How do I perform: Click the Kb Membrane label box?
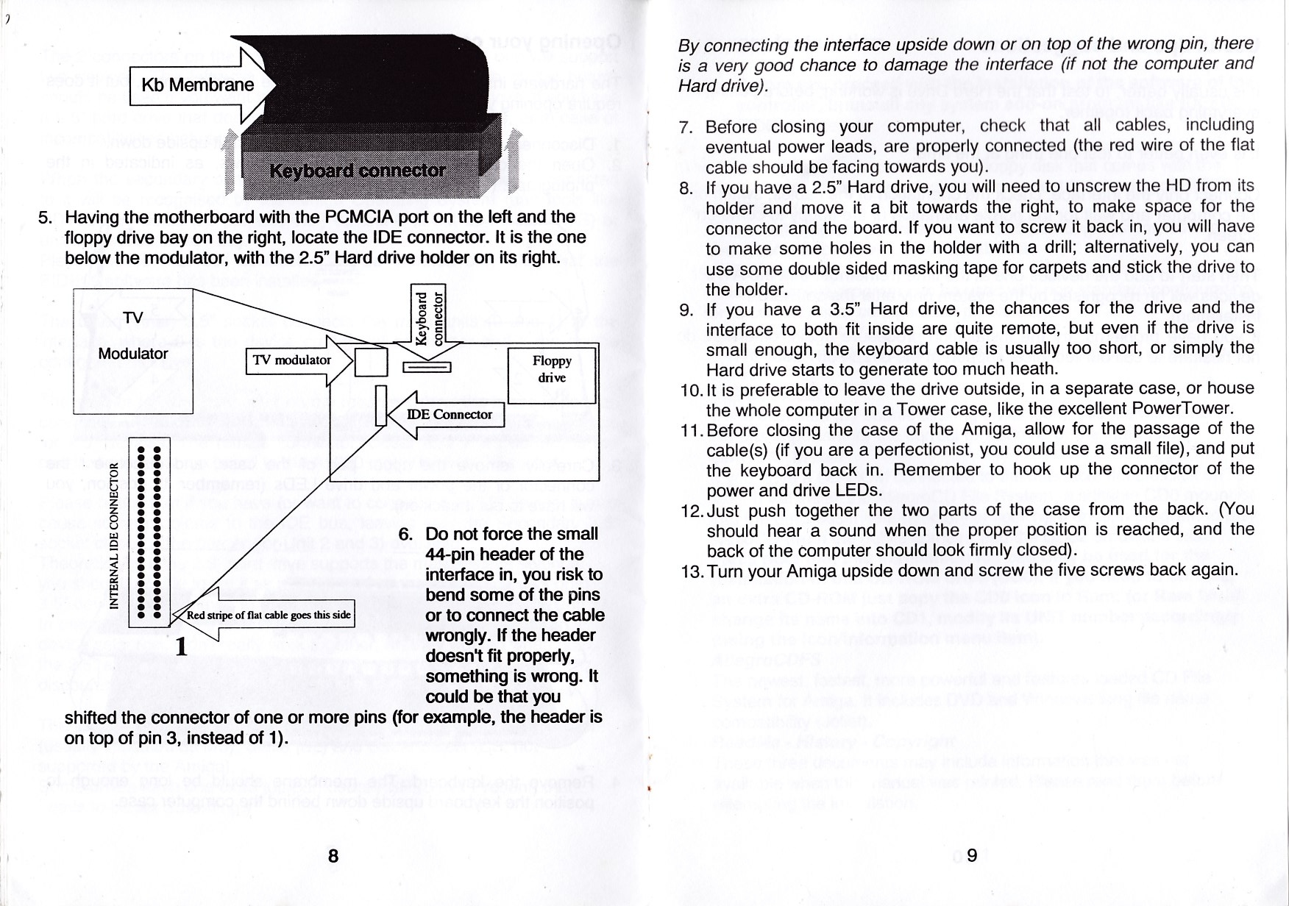coord(196,85)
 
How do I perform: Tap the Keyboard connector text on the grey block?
coord(358,171)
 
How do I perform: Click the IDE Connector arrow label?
coord(449,415)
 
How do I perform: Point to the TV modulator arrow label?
coord(292,360)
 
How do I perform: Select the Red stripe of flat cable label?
coord(268,615)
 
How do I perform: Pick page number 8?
coord(333,855)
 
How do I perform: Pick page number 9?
coord(971,855)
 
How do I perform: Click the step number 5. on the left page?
coord(46,218)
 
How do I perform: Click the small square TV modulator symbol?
coord(371,361)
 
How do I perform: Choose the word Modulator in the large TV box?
coord(133,354)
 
